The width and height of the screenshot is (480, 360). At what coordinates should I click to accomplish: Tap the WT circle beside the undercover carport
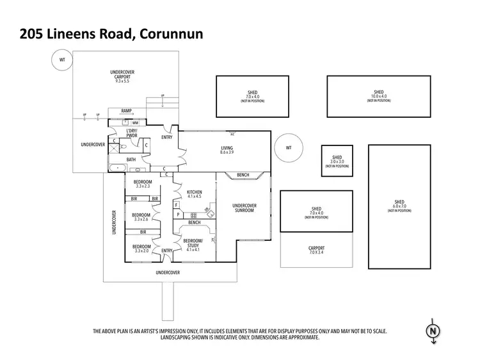pyautogui.click(x=63, y=60)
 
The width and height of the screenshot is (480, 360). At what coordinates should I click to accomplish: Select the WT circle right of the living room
pyautogui.click(x=288, y=148)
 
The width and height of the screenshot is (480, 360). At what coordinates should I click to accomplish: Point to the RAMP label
pyautogui.click(x=126, y=111)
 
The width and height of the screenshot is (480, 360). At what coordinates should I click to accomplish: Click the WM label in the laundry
pyautogui.click(x=135, y=122)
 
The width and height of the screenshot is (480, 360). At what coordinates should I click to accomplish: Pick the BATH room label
pyautogui.click(x=131, y=160)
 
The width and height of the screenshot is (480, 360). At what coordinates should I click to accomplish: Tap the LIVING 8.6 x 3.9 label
pyautogui.click(x=227, y=151)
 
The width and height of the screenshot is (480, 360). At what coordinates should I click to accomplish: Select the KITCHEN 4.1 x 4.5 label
pyautogui.click(x=195, y=194)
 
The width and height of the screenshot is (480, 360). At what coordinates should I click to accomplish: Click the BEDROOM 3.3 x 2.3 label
pyautogui.click(x=142, y=184)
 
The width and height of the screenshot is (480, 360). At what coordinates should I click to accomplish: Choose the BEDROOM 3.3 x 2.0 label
pyautogui.click(x=141, y=249)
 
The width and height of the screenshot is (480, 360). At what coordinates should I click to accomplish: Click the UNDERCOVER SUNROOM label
pyautogui.click(x=244, y=208)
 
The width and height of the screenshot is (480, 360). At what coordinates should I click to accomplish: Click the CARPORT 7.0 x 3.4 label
pyautogui.click(x=316, y=250)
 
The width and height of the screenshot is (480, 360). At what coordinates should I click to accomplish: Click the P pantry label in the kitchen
pyautogui.click(x=177, y=215)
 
